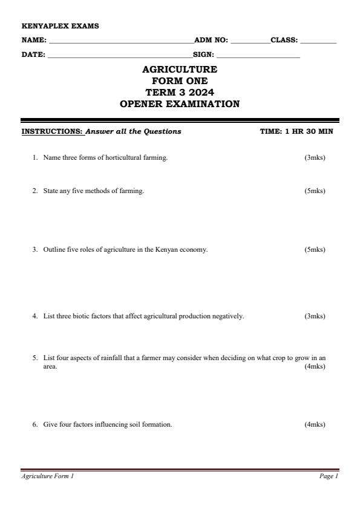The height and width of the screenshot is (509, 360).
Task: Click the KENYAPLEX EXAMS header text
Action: (60, 26)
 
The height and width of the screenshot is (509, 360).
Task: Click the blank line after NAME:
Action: (121, 41)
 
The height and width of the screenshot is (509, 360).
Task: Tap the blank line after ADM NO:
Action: (250, 41)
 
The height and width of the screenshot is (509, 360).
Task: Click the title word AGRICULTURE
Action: (180, 70)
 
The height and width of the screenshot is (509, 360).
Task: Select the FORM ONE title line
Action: (180, 81)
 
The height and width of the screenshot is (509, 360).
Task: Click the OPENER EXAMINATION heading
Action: (180, 104)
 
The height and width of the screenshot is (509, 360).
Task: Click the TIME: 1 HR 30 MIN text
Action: (296, 131)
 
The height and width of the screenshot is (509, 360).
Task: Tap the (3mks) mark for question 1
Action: (315, 158)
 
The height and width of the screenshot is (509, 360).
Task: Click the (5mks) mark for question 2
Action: (315, 191)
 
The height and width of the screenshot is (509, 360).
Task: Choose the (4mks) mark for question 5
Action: (315, 366)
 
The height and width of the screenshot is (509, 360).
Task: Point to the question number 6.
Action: (35, 425)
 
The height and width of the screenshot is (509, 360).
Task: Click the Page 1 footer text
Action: (329, 476)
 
